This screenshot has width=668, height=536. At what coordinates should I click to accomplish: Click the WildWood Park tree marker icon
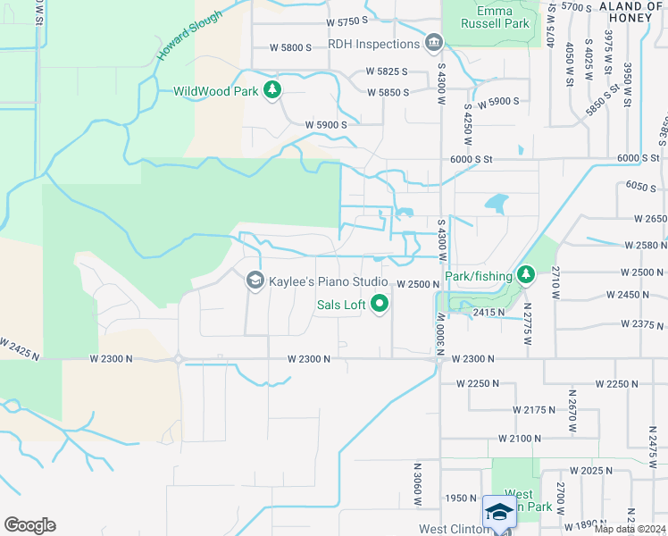click(x=272, y=90)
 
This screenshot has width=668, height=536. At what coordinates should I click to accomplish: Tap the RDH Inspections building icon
click(x=434, y=43)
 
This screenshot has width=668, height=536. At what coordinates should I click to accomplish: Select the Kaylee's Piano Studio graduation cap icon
click(x=255, y=281)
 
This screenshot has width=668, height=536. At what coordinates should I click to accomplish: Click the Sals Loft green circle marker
click(x=380, y=305)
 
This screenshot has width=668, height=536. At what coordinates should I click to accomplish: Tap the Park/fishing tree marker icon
click(x=526, y=273)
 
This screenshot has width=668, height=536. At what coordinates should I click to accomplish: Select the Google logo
click(x=29, y=525)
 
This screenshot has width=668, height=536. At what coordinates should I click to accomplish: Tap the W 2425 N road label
click(x=20, y=348)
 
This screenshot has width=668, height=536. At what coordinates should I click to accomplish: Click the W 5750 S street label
click(x=347, y=21)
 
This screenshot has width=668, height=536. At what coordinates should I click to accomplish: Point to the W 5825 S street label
click(x=386, y=71)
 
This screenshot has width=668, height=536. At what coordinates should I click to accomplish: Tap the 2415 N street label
click(x=489, y=313)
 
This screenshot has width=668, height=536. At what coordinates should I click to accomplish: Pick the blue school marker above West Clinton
click(x=500, y=511)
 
